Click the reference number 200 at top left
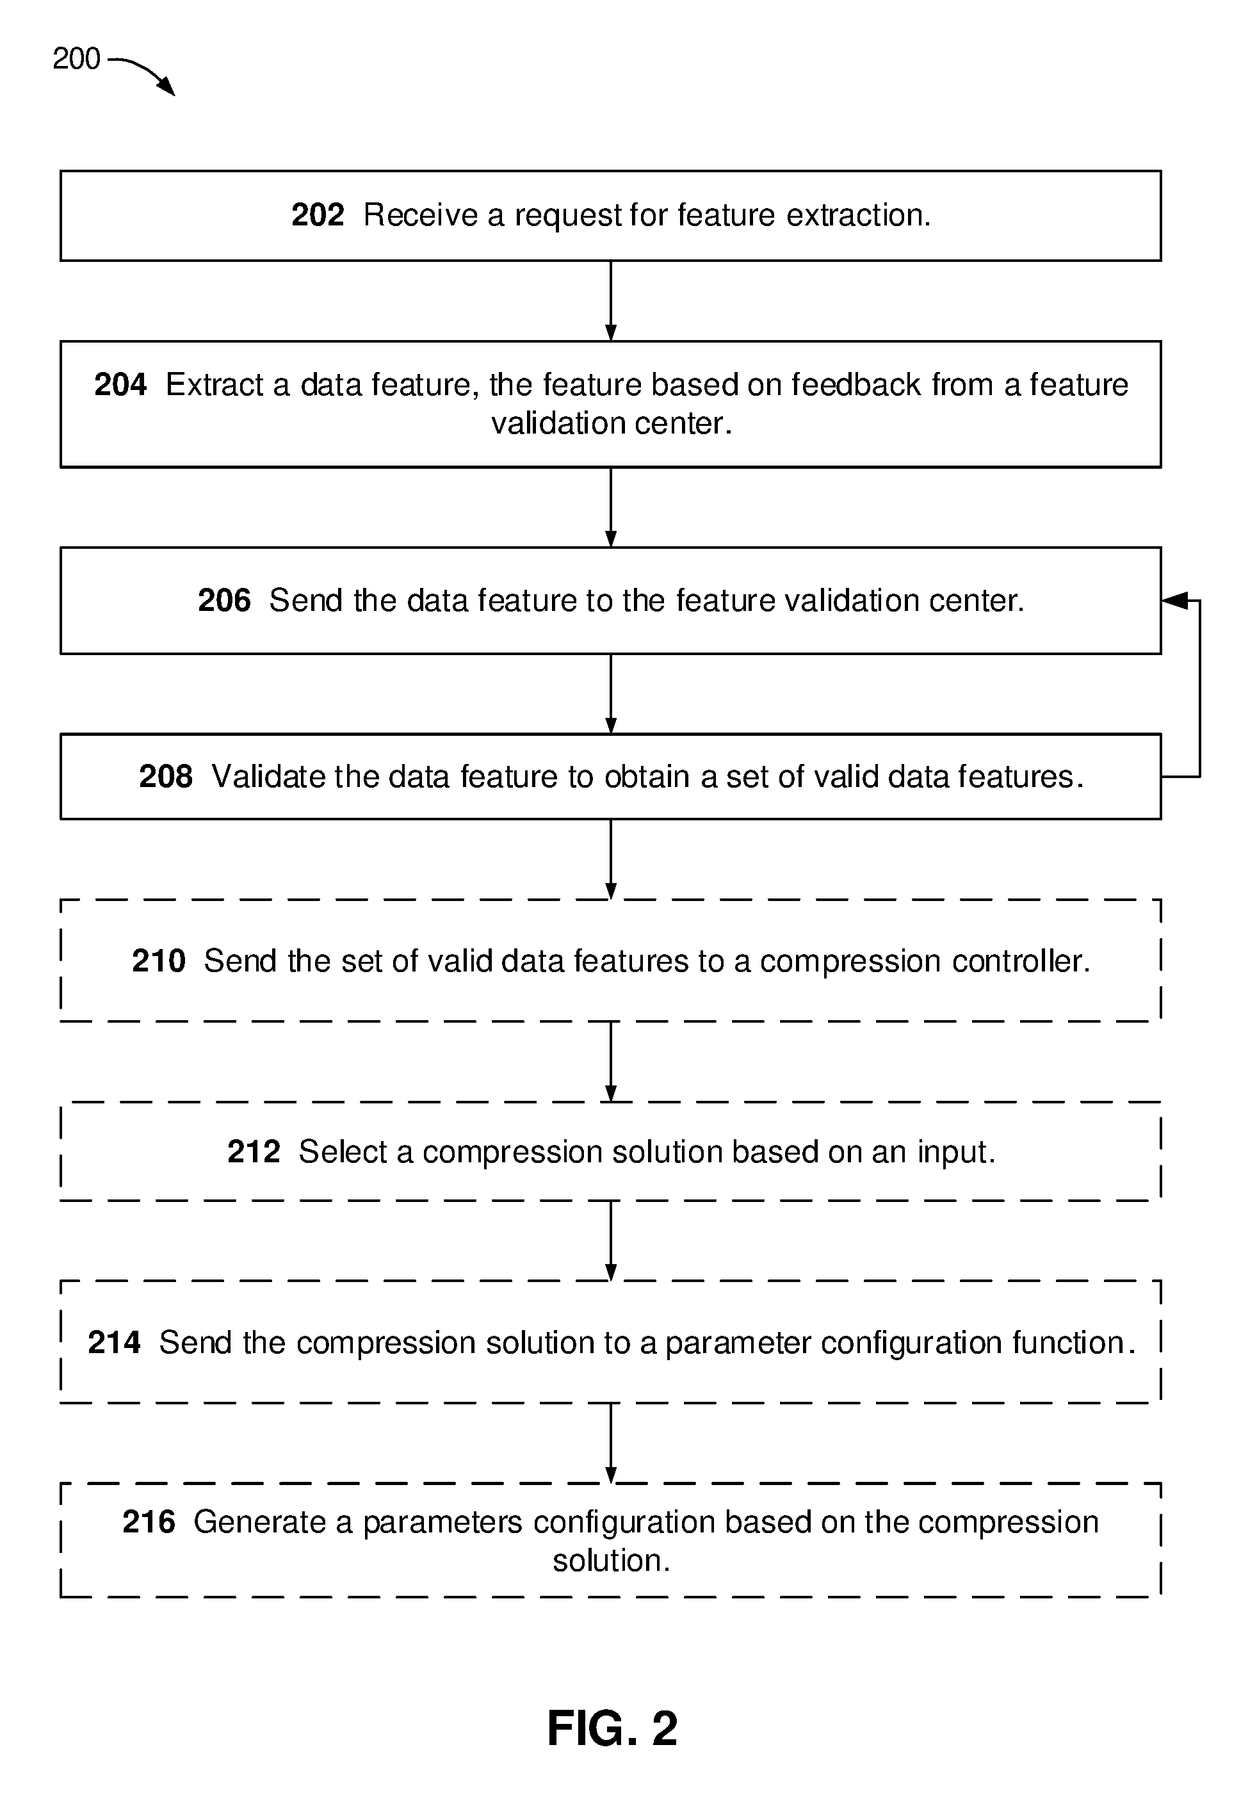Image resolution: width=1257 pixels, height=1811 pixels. (x=76, y=59)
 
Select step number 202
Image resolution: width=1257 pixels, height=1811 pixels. (x=318, y=215)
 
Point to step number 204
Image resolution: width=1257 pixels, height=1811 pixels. (x=120, y=385)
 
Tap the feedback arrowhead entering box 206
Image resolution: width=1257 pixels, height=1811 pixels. (x=1174, y=601)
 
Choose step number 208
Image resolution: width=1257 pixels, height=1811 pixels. (x=165, y=776)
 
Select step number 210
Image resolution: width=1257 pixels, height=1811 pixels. (x=158, y=961)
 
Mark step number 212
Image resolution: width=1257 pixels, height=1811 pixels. (x=254, y=1152)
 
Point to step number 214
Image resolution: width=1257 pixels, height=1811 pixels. (x=114, y=1342)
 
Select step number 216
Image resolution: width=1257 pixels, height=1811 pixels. (x=149, y=1522)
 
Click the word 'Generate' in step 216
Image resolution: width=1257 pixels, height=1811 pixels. (x=261, y=1522)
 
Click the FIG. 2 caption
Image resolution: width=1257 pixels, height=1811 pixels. (x=612, y=1729)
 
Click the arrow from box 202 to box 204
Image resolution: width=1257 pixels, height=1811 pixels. (x=611, y=301)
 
